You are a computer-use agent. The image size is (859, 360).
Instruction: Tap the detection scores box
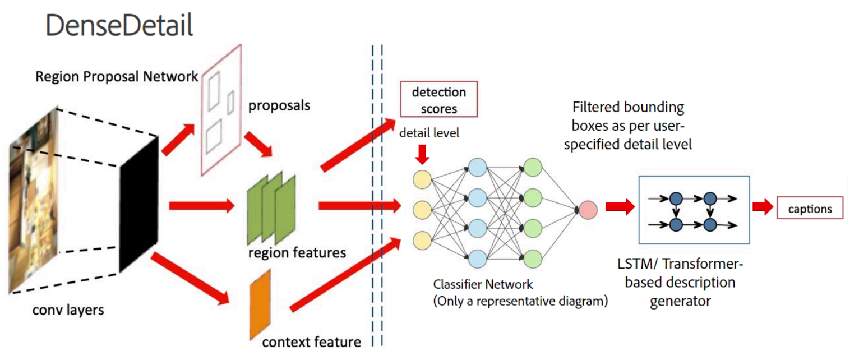click(x=438, y=100)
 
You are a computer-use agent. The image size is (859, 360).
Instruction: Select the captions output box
click(x=810, y=209)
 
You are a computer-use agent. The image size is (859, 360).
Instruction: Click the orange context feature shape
click(x=260, y=304)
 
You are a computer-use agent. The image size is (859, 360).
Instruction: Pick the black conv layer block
click(x=139, y=205)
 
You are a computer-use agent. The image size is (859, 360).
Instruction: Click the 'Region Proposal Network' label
click(x=117, y=77)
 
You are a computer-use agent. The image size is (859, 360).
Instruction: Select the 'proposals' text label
click(x=278, y=105)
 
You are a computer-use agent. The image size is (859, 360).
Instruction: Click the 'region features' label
click(x=297, y=253)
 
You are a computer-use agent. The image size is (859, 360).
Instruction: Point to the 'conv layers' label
click(x=67, y=309)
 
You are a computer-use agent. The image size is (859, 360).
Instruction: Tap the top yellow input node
click(x=421, y=179)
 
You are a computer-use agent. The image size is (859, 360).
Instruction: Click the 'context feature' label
click(x=311, y=341)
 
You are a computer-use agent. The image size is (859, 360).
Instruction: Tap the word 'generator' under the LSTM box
click(x=680, y=301)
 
